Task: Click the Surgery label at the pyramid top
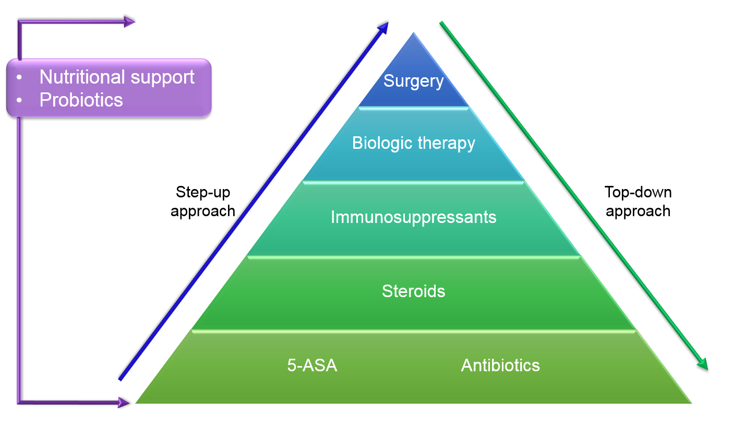(x=413, y=81)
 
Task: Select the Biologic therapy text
(x=414, y=143)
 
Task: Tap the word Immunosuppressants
(x=414, y=217)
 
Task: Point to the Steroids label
(x=414, y=291)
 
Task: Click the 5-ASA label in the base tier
(x=312, y=365)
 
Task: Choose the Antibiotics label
(x=500, y=365)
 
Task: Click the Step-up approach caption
(x=203, y=202)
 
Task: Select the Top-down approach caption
(x=638, y=202)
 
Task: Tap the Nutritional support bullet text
(x=117, y=78)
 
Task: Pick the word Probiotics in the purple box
(x=81, y=100)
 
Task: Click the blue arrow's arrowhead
(x=383, y=28)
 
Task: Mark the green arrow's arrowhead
(x=703, y=364)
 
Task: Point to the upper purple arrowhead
(x=129, y=22)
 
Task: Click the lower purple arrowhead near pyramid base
(x=124, y=403)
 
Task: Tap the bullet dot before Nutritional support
(x=19, y=77)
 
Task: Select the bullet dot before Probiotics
(x=19, y=100)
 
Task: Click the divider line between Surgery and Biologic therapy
(x=414, y=108)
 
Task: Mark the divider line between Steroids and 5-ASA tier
(x=414, y=331)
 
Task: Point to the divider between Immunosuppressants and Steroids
(x=414, y=257)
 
